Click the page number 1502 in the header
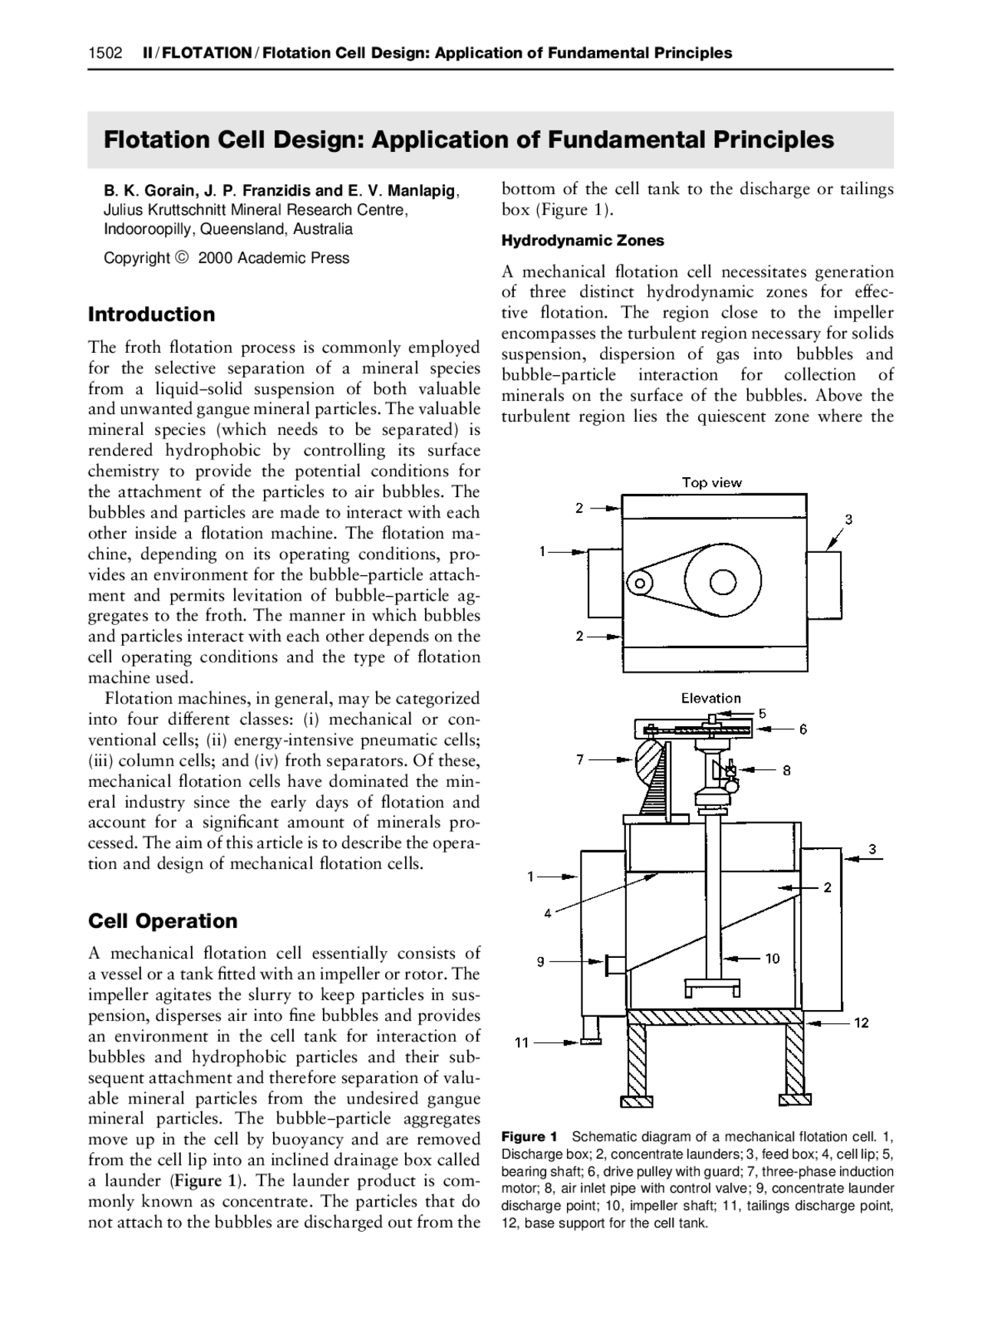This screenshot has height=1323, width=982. pos(105,53)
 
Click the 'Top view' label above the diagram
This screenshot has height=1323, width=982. pos(712,482)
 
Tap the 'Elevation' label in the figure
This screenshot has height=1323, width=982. pos(711,698)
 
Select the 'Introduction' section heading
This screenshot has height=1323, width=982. pos(151,314)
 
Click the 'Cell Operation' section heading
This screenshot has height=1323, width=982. pos(163,920)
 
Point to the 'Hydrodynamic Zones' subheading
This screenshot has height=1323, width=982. pos(582,240)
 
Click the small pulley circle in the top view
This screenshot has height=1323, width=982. pos(638,584)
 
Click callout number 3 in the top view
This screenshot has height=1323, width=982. pos(849,519)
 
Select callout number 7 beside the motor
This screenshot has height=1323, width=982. pos(580,759)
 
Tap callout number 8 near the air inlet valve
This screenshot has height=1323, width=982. pos(786,771)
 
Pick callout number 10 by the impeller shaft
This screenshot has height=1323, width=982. pos(772,958)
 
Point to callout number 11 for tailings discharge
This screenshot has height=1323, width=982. pos(522,1042)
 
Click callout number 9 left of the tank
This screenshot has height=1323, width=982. pos(540,961)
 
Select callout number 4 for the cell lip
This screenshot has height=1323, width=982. pos(548,913)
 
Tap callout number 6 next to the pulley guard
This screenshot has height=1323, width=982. pos(802,729)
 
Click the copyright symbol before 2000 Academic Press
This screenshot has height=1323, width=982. pos(181,258)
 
